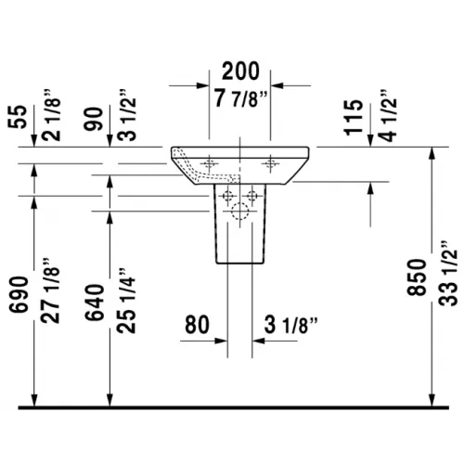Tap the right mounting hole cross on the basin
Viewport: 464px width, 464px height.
tap(270, 163)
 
